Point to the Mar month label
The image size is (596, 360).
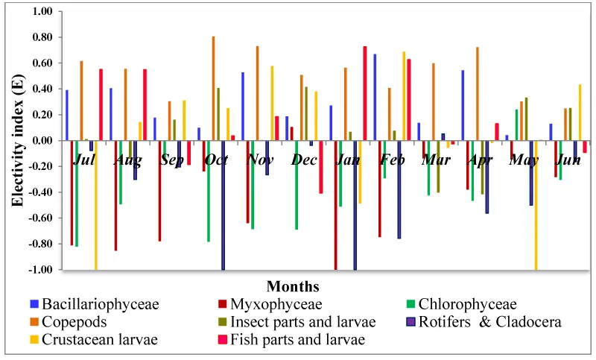(x=436, y=160)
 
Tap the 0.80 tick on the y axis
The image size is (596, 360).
(x=43, y=37)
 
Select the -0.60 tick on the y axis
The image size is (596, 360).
(x=42, y=218)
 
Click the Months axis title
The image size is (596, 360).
(x=293, y=286)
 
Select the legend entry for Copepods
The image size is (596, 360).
(x=74, y=322)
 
